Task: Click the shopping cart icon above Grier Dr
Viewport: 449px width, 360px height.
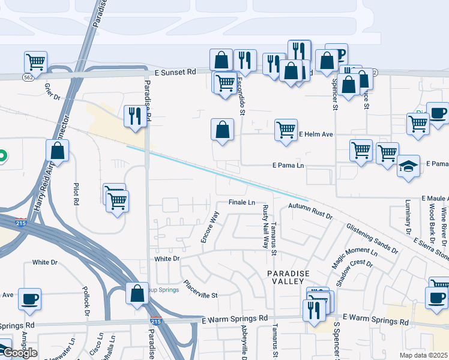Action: pyautogui.click(x=36, y=61)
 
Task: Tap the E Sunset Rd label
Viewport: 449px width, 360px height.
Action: pyautogui.click(x=175, y=71)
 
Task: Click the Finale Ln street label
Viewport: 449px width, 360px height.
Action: pyautogui.click(x=242, y=202)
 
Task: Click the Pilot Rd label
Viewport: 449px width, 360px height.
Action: pyautogui.click(x=76, y=194)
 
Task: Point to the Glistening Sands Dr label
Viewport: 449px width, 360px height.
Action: pyautogui.click(x=372, y=238)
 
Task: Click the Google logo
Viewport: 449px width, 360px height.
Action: pyautogui.click(x=20, y=353)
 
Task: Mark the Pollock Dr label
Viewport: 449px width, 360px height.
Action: pyautogui.click(x=86, y=302)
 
